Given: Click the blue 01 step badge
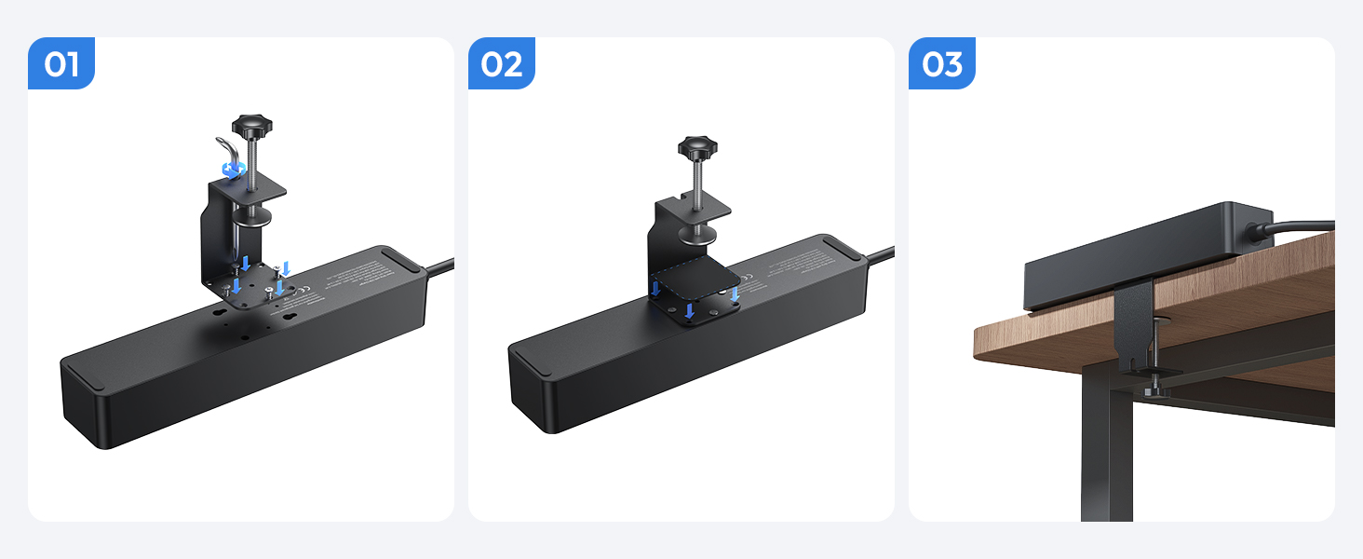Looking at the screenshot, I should (61, 64).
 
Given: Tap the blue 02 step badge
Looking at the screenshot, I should (502, 64).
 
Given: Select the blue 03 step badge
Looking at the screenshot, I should (941, 64).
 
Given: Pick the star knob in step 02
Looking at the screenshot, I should (696, 147).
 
